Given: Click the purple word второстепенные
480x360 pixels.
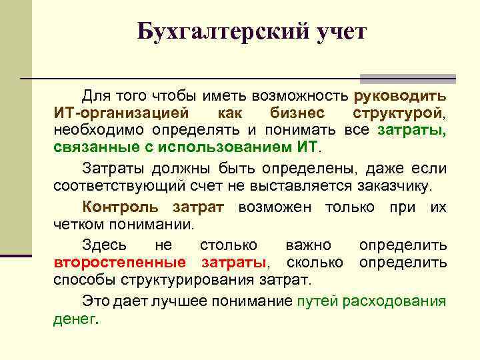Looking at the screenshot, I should [119, 262].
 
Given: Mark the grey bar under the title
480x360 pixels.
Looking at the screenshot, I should [408, 78].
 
